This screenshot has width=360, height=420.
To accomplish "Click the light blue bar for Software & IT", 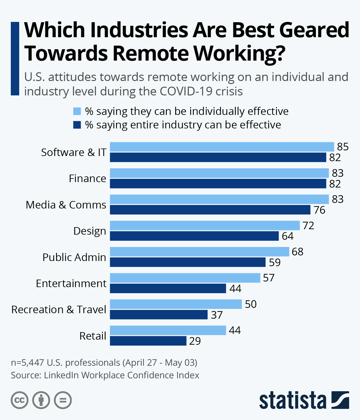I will coord(222,147).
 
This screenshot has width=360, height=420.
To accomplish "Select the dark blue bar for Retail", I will coord(148,341).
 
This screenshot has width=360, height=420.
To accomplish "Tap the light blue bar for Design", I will coord(205,225).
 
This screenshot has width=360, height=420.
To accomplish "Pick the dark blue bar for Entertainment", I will coord(168,288).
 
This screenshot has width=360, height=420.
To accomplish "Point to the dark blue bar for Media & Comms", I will coord(210,210).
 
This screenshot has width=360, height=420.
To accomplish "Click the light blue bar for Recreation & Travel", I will coord(176,304).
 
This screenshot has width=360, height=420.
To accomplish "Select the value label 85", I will coord(343,147).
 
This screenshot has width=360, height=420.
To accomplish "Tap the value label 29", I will coord(195,341).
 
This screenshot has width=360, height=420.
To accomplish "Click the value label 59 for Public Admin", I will coord(274,262).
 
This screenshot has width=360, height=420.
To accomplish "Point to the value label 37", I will coord(217,315).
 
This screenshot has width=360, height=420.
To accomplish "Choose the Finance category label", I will coord(87,178).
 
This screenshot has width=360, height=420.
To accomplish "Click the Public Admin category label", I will coord(74,257).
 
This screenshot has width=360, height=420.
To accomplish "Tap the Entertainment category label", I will coord(71,283).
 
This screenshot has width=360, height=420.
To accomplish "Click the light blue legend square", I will coord(77,111).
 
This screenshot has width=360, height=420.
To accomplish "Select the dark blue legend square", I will coord(77,125).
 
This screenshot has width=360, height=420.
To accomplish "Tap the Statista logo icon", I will coord(340,400).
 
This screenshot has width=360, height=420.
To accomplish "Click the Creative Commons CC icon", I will coord(19,400).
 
